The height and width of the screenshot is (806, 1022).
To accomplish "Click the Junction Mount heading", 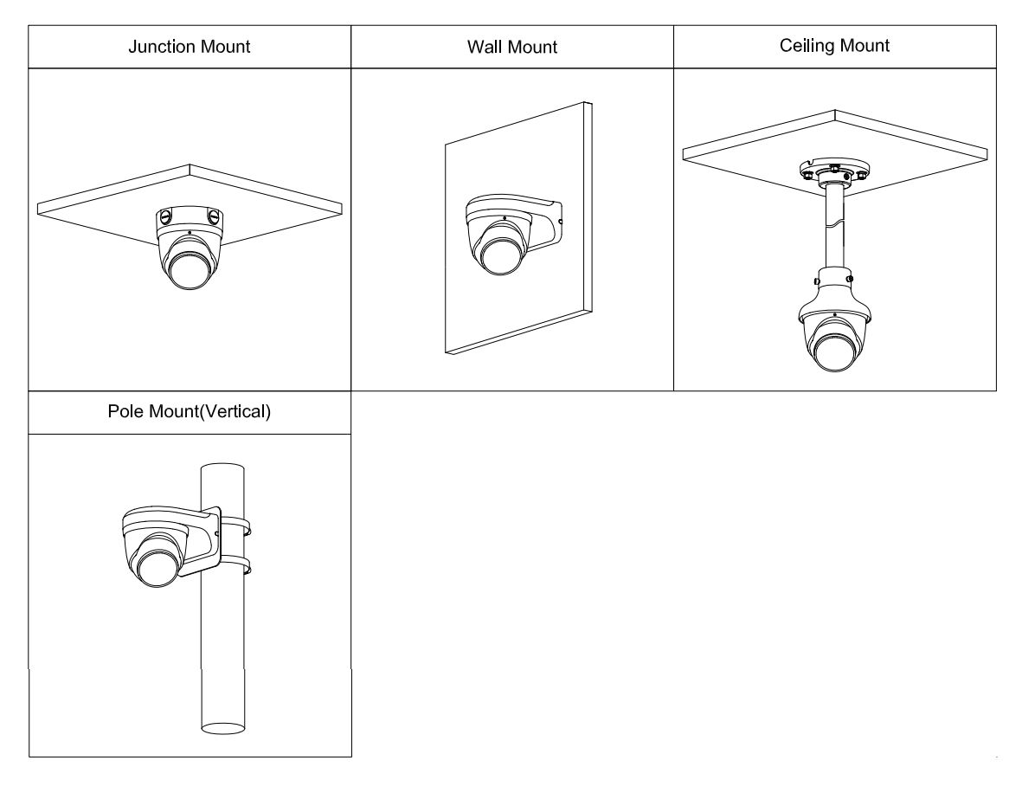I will click(189, 47).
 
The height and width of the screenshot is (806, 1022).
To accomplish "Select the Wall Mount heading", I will click(511, 48).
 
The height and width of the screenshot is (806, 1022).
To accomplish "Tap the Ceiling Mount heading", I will click(834, 46).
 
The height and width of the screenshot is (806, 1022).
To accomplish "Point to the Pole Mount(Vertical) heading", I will click(189, 412).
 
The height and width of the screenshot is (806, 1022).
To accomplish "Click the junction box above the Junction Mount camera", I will click(190, 216).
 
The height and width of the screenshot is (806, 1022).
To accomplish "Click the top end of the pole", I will click(222, 468).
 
